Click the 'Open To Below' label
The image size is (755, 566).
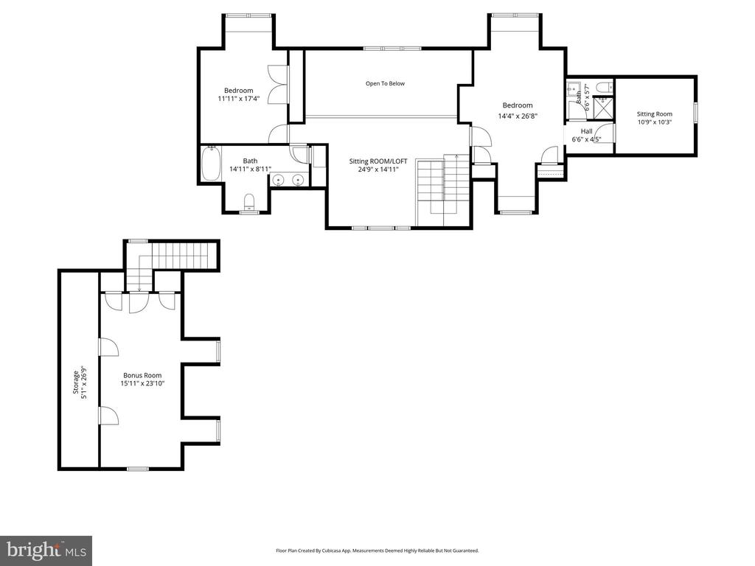click(385, 83)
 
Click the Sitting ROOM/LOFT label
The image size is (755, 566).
click(378, 161)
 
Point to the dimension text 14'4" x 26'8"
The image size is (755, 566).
click(517, 116)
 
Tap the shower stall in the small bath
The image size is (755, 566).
click(603, 108)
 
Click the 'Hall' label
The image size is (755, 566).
click(586, 131)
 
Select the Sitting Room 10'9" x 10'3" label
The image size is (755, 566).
click(655, 118)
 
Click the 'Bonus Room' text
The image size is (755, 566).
click(142, 375)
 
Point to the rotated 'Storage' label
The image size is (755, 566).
click(76, 382)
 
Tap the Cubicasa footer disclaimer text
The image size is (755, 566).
click(377, 551)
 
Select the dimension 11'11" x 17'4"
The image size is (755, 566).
click(239, 99)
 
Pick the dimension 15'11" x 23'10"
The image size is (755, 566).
click(142, 383)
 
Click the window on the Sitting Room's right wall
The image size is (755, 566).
click(695, 113)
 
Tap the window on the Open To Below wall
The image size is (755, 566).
click(392, 48)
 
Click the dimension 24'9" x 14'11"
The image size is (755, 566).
click(378, 170)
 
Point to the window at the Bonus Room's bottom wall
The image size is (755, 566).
click(138, 468)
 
